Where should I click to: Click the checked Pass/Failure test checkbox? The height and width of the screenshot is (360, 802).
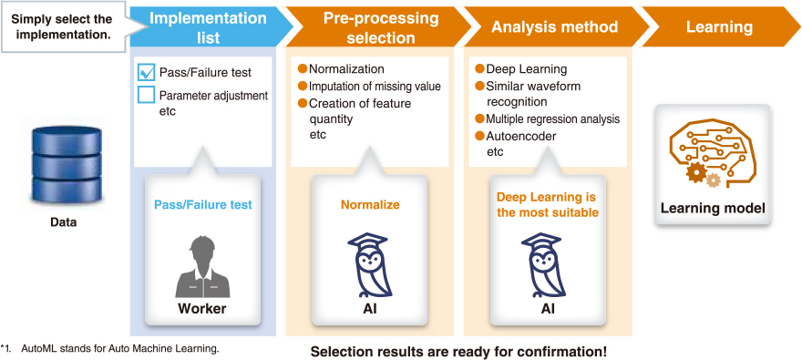coord(147,73)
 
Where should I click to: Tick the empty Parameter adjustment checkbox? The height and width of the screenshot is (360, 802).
coord(147,96)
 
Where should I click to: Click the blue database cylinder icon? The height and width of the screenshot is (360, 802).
coord(67,164)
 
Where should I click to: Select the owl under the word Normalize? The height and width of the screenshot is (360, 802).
coord(370,266)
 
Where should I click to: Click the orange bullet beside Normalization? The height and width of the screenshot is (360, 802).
coord(303,69)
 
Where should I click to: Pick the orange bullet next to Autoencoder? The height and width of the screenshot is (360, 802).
coord(479,137)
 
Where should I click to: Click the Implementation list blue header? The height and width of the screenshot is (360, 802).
coord(208,27)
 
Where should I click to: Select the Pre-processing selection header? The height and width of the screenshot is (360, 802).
coord(381,27)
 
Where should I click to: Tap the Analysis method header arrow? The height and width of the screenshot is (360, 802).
coord(554,27)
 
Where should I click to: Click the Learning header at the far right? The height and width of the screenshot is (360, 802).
coord(719,27)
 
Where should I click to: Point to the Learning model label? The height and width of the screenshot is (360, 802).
coord(713,209)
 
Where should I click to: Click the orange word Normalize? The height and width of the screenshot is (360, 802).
coord(370,205)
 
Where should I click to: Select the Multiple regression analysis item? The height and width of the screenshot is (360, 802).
coord(553,119)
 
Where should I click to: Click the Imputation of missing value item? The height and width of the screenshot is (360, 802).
coord(375,87)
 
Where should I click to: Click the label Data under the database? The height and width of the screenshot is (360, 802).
coord(64,222)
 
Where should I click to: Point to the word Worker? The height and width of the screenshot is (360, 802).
coord(202,309)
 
